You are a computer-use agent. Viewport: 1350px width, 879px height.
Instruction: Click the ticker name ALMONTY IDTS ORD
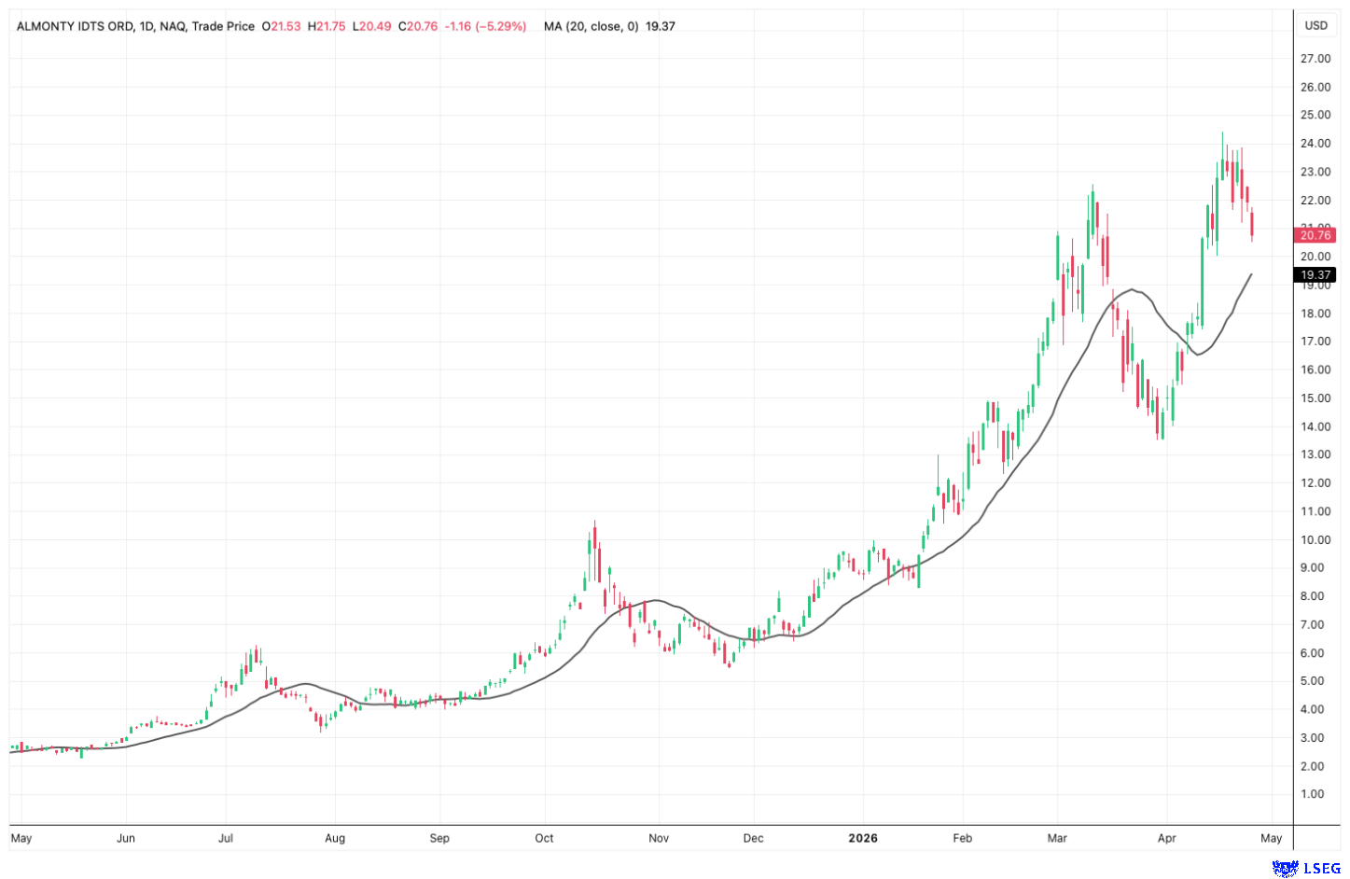[76, 26]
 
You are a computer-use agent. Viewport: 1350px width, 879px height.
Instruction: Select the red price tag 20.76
[1315, 235]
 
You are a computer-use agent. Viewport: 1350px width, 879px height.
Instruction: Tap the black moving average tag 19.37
[1315, 275]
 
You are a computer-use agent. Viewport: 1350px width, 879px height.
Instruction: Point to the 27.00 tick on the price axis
[1315, 59]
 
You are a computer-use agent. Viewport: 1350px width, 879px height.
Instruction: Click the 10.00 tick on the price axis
[1315, 539]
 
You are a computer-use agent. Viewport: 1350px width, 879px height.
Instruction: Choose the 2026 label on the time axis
[863, 838]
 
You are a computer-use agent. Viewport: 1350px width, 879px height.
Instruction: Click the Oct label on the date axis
[544, 838]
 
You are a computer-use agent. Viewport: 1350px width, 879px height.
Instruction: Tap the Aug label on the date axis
[335, 838]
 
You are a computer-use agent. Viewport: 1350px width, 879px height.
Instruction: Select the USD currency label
[1315, 25]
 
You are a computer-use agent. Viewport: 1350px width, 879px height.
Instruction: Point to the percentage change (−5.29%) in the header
[501, 26]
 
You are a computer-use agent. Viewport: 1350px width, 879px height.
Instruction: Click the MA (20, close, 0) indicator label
[591, 26]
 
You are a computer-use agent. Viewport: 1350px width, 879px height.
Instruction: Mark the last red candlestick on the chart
[1252, 225]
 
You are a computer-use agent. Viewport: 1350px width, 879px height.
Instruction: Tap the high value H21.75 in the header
[327, 26]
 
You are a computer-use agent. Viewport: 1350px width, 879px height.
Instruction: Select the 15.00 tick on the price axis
[1315, 398]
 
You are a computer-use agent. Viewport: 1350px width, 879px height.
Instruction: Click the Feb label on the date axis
[962, 838]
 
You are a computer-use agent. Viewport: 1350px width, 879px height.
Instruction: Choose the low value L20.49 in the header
[371, 26]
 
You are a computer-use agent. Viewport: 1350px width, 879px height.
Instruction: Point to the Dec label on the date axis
[753, 838]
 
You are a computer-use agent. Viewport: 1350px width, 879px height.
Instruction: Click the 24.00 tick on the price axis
[1315, 144]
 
